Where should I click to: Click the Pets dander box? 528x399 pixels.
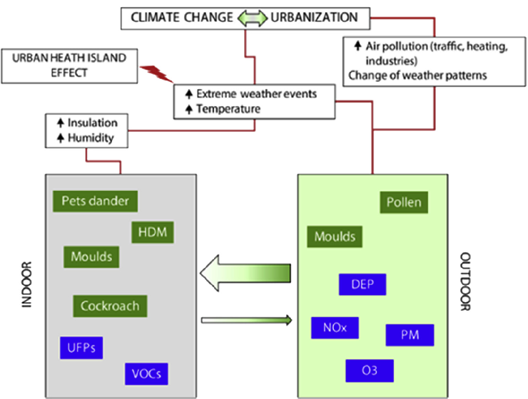(x=95, y=201)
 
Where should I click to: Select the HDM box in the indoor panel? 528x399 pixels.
(x=153, y=232)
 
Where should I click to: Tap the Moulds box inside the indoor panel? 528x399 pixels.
(x=91, y=256)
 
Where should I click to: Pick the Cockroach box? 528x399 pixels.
(x=109, y=306)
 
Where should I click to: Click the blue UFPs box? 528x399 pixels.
(x=81, y=348)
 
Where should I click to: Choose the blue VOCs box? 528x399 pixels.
(x=148, y=373)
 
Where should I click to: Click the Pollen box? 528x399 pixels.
(x=403, y=202)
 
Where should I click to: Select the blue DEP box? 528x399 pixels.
(x=362, y=284)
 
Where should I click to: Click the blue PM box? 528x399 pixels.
(x=410, y=334)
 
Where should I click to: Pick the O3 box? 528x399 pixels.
(x=370, y=370)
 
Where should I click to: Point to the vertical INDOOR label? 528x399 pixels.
(x=27, y=284)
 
